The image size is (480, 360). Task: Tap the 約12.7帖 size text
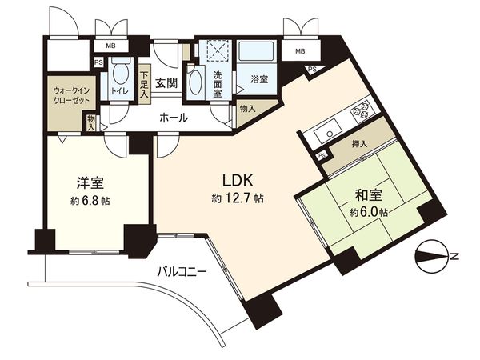tap(239, 198)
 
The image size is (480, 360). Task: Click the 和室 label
tap(361, 194)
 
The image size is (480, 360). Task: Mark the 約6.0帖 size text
tap(369, 212)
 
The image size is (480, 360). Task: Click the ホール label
tap(174, 118)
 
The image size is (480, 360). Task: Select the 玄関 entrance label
tap(166, 82)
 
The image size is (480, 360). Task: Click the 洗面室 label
tap(218, 83)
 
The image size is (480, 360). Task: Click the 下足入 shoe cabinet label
tap(144, 82)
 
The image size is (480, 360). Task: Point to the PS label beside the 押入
tap(321, 154)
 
